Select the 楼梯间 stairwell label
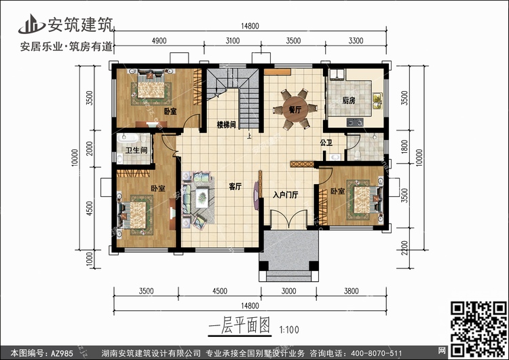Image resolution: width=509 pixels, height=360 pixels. [227, 125]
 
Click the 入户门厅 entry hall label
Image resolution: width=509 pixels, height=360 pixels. [286, 195]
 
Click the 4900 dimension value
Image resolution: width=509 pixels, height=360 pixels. [159, 41]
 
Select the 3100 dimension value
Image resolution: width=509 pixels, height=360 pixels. [232, 41]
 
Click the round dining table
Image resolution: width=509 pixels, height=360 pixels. [295, 109]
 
